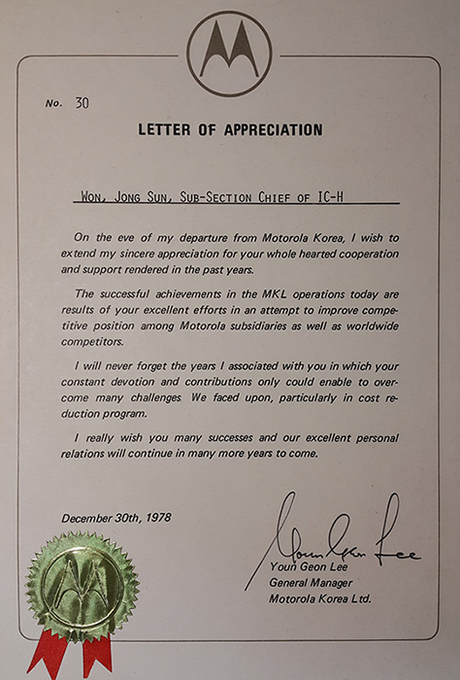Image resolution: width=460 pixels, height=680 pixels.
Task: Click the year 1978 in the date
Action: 155,518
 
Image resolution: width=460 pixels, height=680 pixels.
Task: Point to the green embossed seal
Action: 81,584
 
